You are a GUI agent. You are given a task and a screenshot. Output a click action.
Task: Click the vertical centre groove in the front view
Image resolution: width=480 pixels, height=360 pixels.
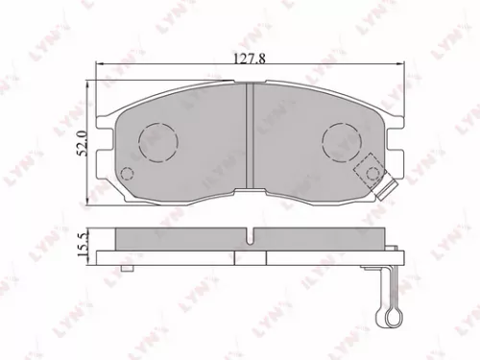[249, 144]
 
